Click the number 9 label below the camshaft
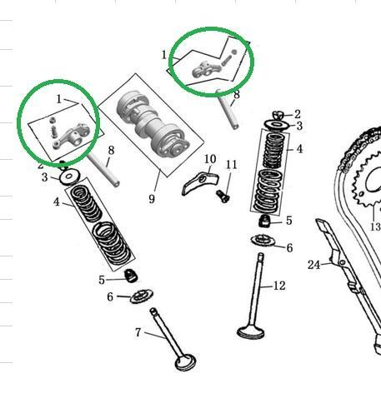(x=152, y=199)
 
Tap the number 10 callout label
(x=210, y=159)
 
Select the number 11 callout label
(x=232, y=165)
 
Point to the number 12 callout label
(x=279, y=286)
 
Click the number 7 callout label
(x=138, y=332)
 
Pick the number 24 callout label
(x=314, y=265)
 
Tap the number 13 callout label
(x=376, y=226)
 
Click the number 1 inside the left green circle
(x=58, y=99)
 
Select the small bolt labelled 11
(x=223, y=196)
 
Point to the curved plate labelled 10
(x=200, y=182)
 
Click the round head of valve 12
(x=251, y=332)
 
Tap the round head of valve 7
(x=185, y=362)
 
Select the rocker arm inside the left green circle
(x=72, y=136)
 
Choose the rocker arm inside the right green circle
(x=202, y=70)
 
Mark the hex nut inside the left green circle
(x=52, y=121)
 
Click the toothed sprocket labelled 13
(x=367, y=181)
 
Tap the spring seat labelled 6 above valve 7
(x=142, y=296)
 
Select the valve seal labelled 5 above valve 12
(x=264, y=221)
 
